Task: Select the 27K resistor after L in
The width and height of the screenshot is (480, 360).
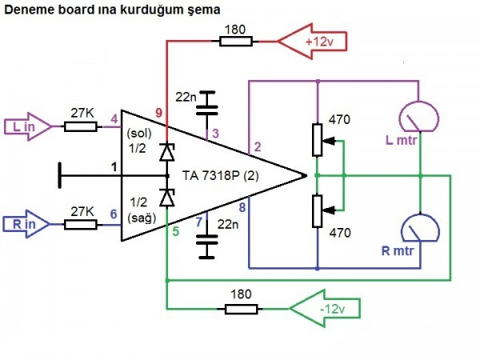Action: (81, 126)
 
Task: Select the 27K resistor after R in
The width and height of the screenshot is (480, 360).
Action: (81, 225)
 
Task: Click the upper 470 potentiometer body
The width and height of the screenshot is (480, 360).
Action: (318, 141)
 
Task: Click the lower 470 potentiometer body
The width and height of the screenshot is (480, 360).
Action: (318, 210)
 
